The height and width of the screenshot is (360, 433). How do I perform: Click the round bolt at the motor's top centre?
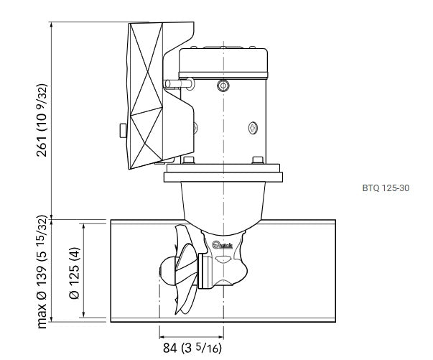pos(223,86)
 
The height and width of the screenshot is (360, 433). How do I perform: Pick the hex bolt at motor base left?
pos(188,160)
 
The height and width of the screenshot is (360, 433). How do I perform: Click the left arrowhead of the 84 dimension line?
pos(161,335)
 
